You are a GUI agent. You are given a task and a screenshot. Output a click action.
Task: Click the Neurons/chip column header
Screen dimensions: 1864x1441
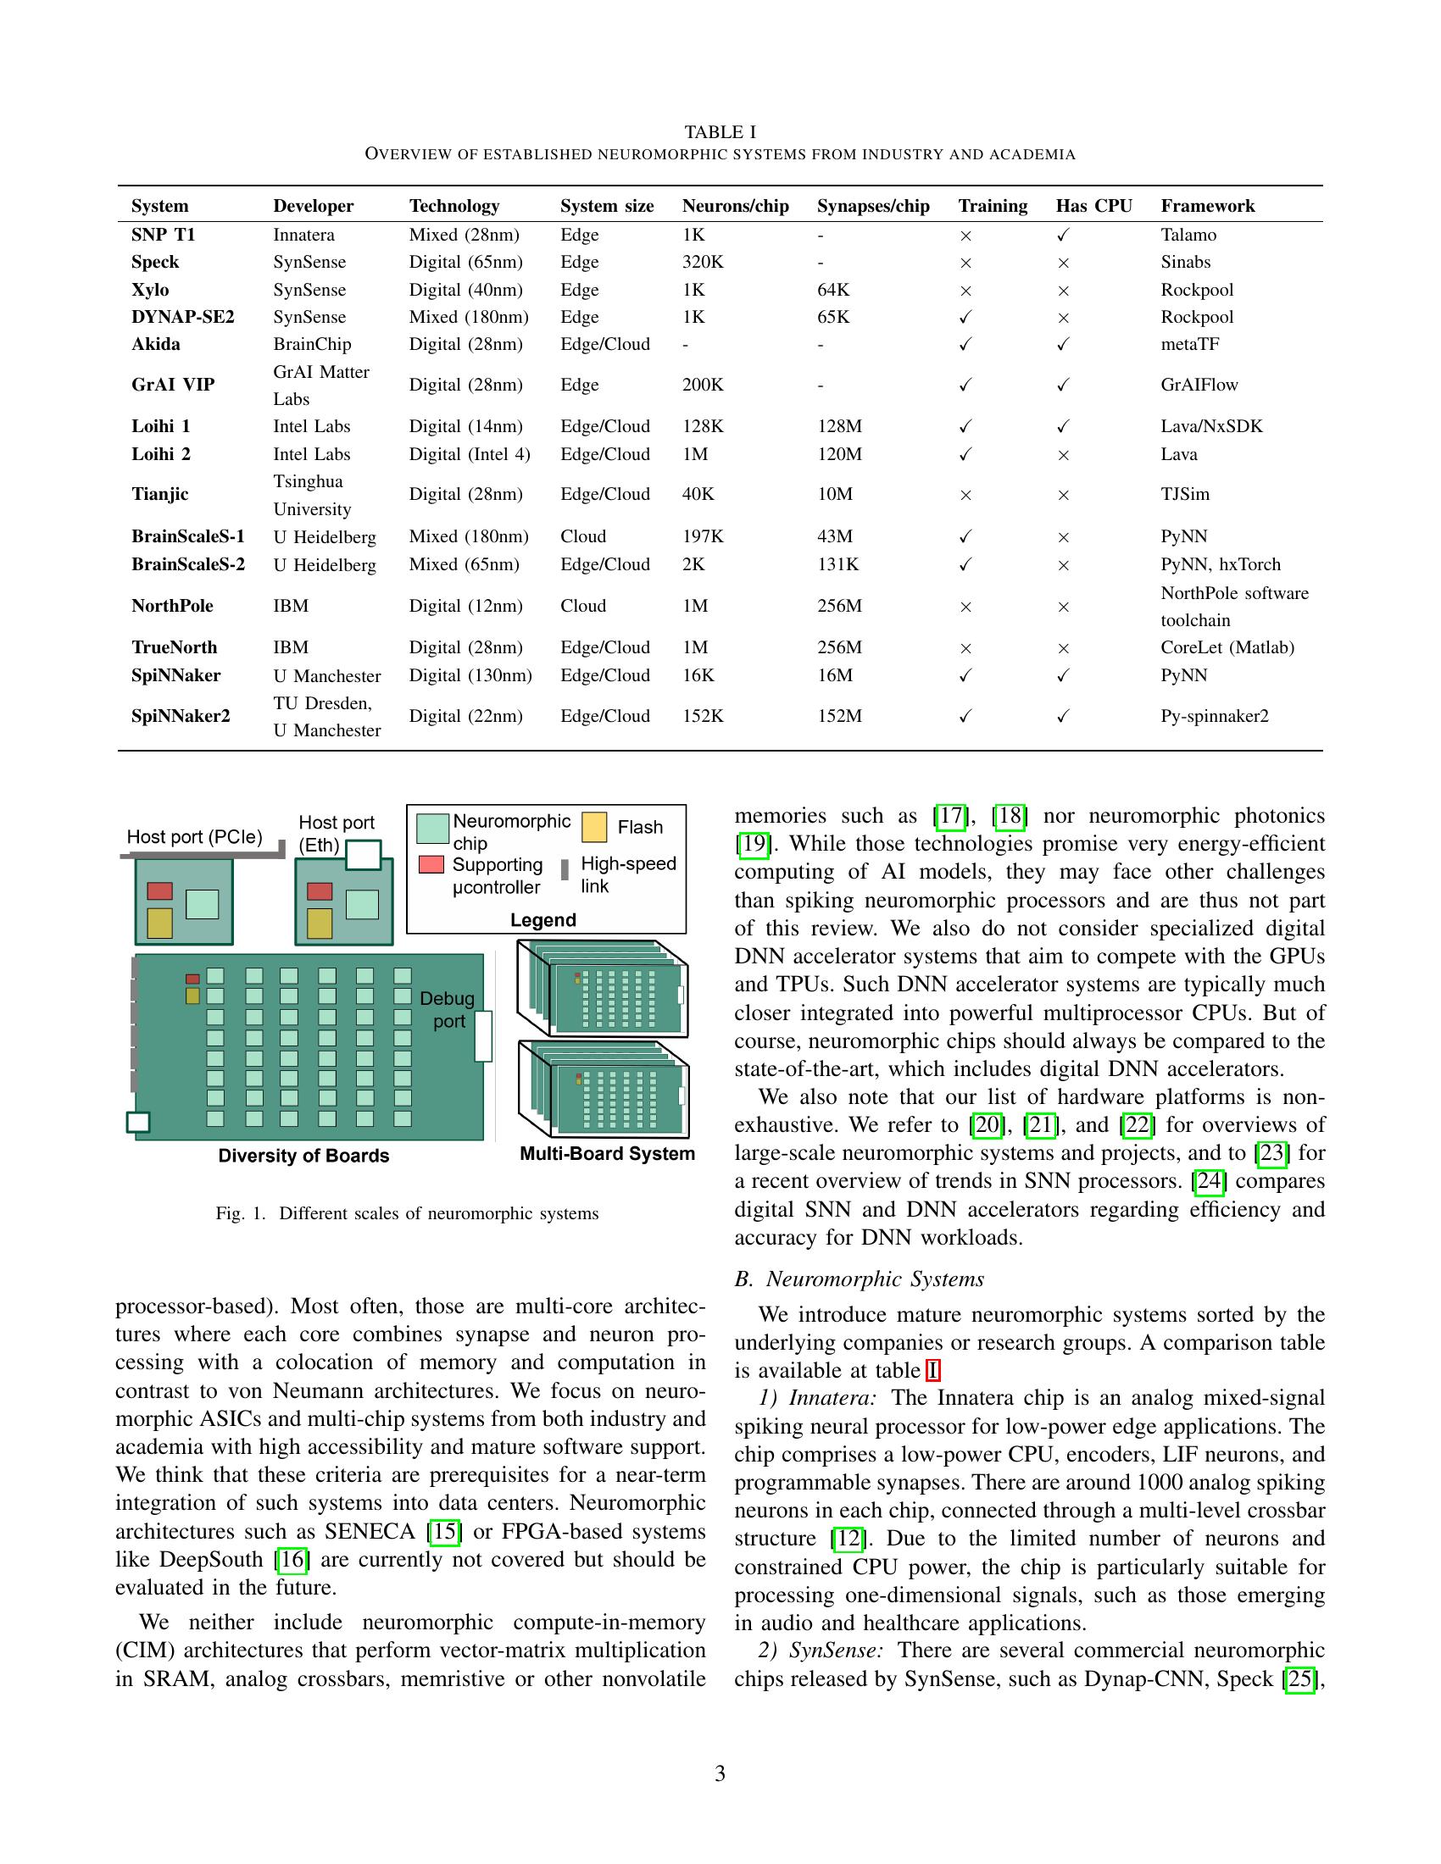[x=735, y=206]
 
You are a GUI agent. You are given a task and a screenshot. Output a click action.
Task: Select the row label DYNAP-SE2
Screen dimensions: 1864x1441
[x=183, y=317]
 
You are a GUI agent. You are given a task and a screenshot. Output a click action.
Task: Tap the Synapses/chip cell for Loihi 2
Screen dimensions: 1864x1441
[x=839, y=454]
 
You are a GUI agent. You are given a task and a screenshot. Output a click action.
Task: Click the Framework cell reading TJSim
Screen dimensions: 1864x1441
[x=1185, y=494]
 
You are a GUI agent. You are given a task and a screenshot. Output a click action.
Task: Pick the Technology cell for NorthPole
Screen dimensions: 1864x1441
[x=465, y=606]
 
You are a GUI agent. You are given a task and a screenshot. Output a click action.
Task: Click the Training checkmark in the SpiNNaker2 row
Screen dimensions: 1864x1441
[x=965, y=717]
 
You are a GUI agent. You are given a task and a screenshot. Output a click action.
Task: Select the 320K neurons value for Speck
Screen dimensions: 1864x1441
[x=703, y=262]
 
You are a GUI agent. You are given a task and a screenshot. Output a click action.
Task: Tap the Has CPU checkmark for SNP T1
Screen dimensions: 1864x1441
[x=1063, y=235]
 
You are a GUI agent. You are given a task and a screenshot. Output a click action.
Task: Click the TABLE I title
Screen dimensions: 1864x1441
[x=720, y=132]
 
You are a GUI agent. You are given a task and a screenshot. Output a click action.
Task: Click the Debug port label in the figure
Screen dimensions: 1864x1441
[x=448, y=1010]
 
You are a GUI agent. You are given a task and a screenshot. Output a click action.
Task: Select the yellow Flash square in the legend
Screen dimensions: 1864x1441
[x=594, y=826]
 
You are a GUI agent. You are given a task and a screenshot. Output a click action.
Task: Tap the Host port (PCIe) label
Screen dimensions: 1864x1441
[x=195, y=836]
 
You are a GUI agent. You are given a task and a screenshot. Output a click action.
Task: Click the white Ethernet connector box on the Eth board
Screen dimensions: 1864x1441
[x=363, y=854]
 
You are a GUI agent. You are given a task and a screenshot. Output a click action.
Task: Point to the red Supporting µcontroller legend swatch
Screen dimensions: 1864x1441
[x=431, y=864]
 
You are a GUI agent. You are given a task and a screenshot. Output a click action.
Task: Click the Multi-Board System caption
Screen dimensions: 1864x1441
[x=607, y=1154]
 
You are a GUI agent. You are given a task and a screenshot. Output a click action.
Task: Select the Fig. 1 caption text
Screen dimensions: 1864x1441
[x=407, y=1213]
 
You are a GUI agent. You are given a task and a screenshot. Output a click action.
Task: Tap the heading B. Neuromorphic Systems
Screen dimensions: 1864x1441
[x=859, y=1279]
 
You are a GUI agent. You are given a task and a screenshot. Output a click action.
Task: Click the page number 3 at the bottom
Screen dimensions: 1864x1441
[x=720, y=1774]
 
